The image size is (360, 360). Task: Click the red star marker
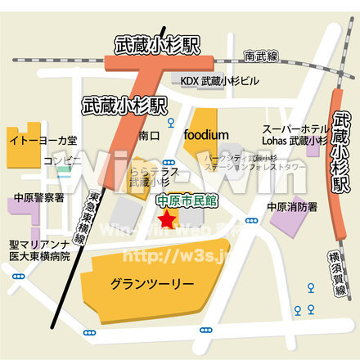coord(168,218)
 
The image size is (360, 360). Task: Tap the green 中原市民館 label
coord(187,200)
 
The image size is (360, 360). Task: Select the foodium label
coord(206,134)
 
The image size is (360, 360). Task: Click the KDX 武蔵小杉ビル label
coord(219,82)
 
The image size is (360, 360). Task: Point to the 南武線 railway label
coord(261,56)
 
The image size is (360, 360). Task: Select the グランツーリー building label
coord(151,283)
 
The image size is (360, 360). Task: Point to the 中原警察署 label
coord(38,198)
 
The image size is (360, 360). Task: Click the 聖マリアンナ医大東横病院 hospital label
coord(40,250)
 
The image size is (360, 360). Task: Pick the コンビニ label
coord(62,161)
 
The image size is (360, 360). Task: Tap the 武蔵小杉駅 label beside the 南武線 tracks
coord(157,46)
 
